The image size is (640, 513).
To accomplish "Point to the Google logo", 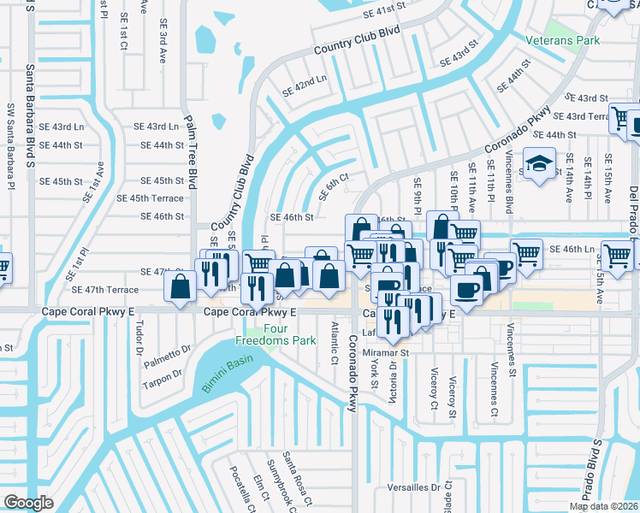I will pos(28,503).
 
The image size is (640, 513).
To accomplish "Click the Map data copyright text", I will pos(603,506).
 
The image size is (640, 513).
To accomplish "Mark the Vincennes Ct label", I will pos(495,390).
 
